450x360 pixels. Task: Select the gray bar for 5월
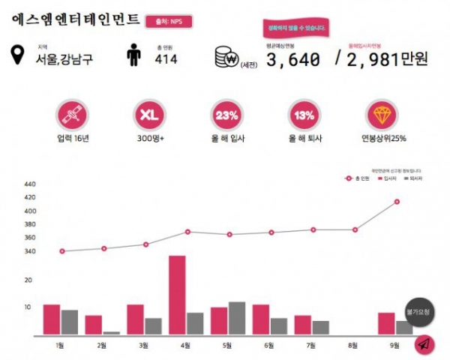click(x=236, y=318)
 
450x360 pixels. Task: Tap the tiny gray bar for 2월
click(x=111, y=332)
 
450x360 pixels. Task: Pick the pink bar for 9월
click(x=386, y=323)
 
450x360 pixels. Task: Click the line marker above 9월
click(x=396, y=202)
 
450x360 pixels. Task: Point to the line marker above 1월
click(x=61, y=251)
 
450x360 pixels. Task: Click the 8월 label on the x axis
click(x=354, y=345)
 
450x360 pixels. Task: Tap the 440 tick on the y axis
click(x=30, y=184)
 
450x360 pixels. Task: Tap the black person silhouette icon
click(x=133, y=55)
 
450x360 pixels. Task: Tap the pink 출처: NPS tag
click(x=168, y=22)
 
